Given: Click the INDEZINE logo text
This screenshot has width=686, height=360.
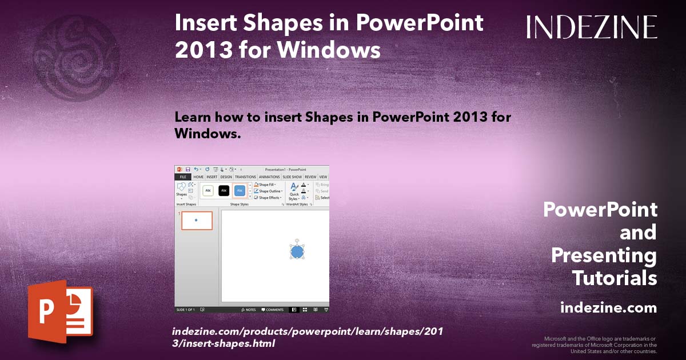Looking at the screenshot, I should [x=592, y=27].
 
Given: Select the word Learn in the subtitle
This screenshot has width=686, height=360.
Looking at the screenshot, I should [x=193, y=117].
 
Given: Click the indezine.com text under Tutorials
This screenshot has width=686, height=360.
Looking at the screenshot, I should [x=608, y=308].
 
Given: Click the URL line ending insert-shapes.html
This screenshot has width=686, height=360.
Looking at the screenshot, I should [x=224, y=343].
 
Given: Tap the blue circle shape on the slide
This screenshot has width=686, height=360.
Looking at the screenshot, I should [x=297, y=251].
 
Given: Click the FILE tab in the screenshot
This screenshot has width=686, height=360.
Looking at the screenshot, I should [x=182, y=177].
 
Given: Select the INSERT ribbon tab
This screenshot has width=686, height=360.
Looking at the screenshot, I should [x=212, y=177].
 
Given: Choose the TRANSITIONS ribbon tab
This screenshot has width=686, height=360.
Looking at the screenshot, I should [x=246, y=177].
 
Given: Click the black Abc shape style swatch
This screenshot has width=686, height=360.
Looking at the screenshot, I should [x=224, y=190].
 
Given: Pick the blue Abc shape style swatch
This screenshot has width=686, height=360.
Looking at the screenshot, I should [x=240, y=190].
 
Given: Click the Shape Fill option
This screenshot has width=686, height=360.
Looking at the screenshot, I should [x=267, y=185].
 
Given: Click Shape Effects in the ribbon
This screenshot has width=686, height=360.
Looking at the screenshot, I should [x=269, y=198].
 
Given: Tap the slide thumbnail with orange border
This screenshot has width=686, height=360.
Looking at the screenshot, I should [x=197, y=221].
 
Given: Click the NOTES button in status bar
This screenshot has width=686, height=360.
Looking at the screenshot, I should [x=249, y=310].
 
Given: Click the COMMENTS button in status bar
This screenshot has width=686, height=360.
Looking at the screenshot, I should [x=273, y=310].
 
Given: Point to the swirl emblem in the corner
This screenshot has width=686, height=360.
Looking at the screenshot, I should [x=77, y=57].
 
